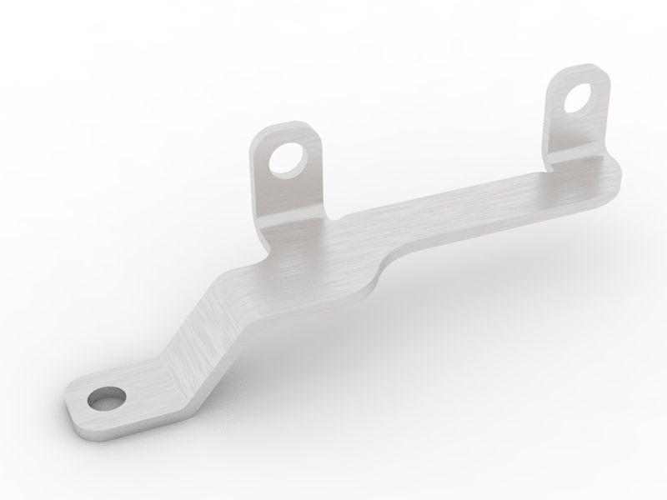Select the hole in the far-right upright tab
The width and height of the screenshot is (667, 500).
[x=577, y=97]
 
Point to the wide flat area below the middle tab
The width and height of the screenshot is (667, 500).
[x=308, y=262]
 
